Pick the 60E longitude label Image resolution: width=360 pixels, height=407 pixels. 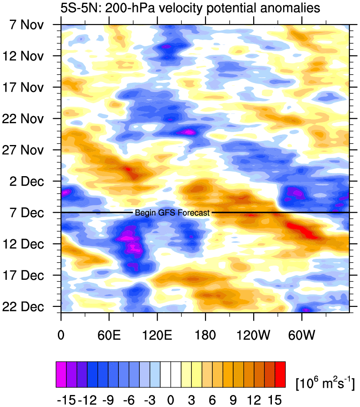(109, 333)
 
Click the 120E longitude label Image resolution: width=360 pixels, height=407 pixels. (157, 333)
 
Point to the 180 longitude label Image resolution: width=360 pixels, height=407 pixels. (205, 333)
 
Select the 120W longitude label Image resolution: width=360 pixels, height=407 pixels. (253, 333)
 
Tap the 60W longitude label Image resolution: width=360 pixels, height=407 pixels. (302, 333)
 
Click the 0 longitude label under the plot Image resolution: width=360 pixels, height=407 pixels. (61, 333)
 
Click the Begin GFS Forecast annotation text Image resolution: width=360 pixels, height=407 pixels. (172, 213)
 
